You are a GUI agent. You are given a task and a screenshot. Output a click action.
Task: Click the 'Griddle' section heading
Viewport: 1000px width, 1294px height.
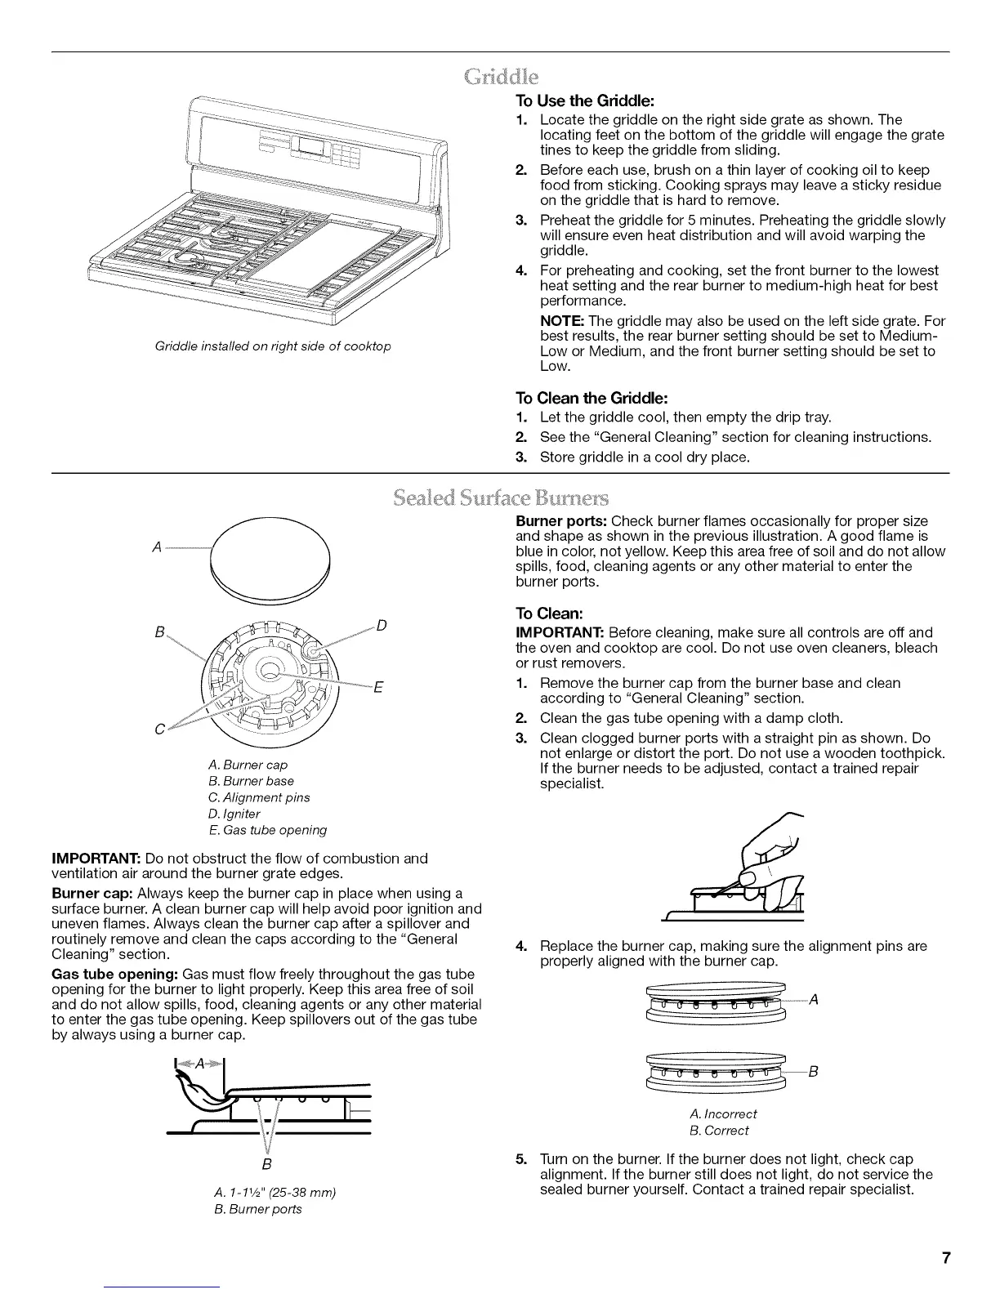point(500,78)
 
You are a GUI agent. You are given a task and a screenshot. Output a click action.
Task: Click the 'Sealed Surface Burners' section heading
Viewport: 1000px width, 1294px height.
point(500,498)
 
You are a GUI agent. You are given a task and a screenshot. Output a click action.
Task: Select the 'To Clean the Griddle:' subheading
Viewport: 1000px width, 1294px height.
point(592,398)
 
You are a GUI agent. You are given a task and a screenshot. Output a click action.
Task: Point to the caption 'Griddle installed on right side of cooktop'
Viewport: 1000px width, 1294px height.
point(273,346)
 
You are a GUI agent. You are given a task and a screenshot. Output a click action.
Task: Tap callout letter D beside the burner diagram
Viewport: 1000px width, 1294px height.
point(382,627)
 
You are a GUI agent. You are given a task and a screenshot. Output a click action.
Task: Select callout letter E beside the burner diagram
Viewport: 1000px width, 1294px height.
point(378,687)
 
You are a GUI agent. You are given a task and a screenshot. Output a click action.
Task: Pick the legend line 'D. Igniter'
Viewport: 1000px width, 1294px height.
point(234,814)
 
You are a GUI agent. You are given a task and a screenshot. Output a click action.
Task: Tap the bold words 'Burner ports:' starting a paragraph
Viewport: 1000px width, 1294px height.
point(561,521)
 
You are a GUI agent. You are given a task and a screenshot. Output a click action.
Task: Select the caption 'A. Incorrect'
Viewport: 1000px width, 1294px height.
point(723,1113)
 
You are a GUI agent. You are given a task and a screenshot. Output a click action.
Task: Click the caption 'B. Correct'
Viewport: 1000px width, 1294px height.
point(719,1131)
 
